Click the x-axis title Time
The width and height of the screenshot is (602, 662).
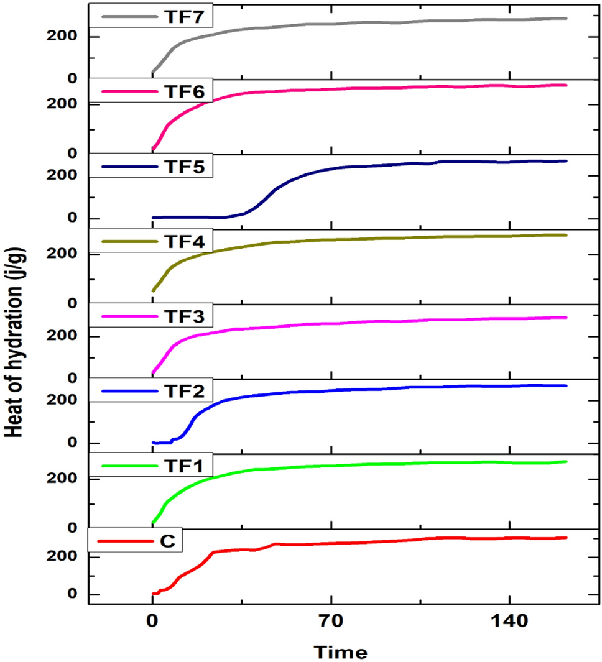[x=340, y=651]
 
